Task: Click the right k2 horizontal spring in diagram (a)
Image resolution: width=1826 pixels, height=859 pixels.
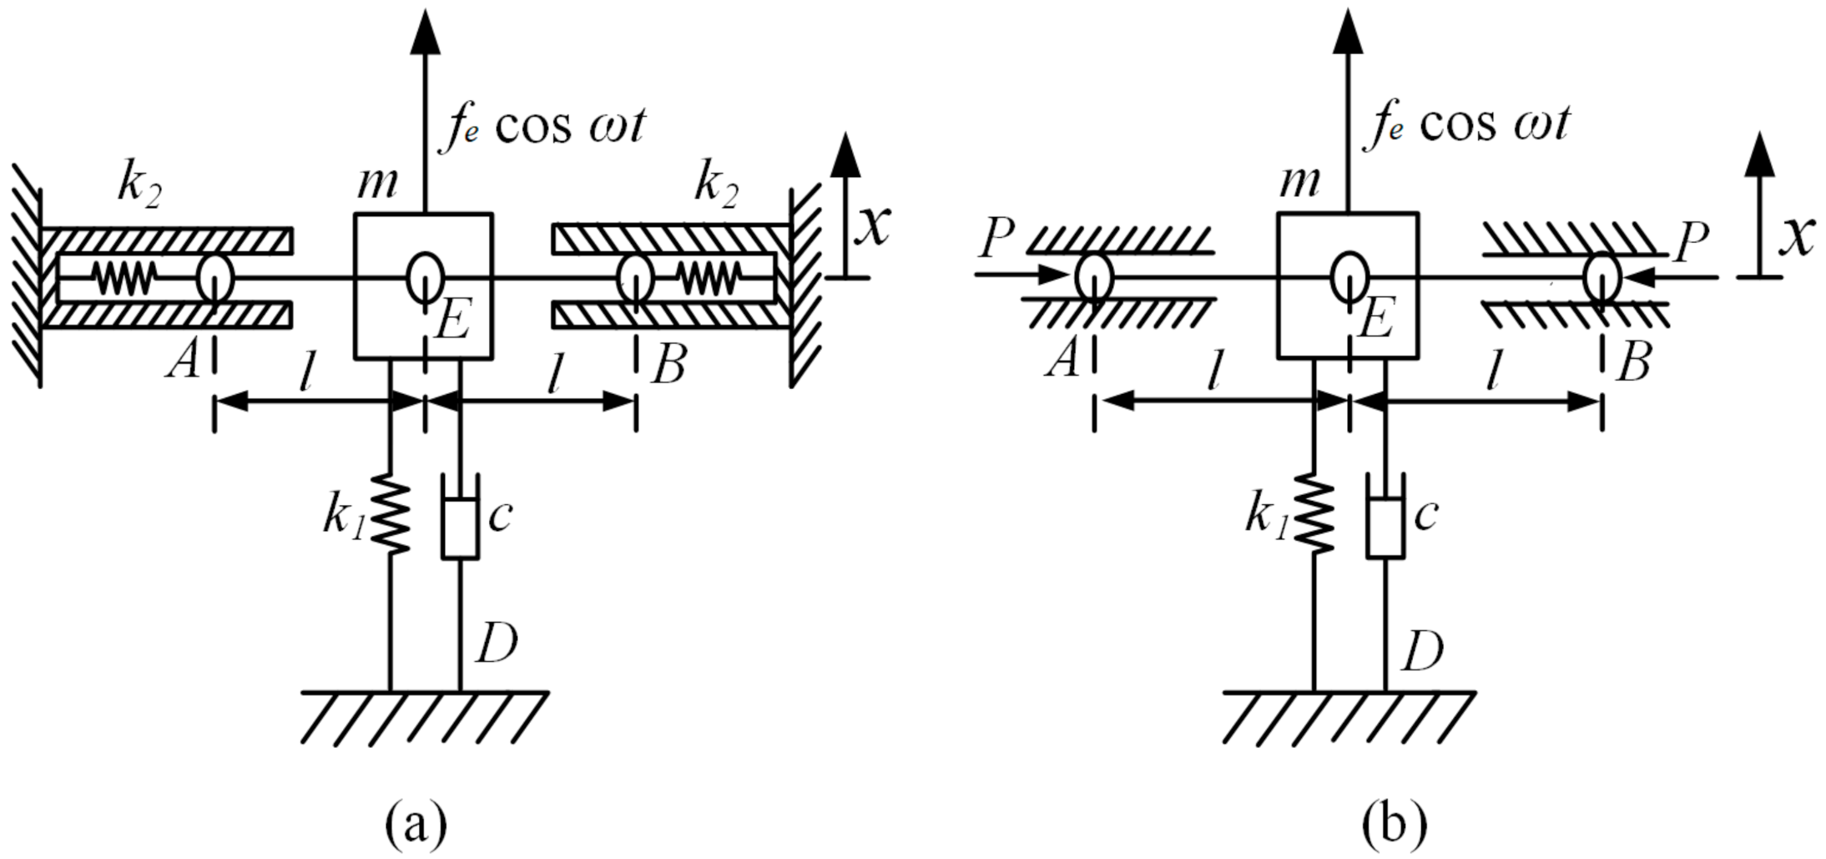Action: point(709,278)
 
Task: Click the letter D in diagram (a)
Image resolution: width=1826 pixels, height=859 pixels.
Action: point(497,644)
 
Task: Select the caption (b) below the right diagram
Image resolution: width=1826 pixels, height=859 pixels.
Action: point(1394,824)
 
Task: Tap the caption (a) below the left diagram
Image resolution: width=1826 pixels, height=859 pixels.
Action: point(416,824)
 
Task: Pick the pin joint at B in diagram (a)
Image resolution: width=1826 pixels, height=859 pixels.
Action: point(635,278)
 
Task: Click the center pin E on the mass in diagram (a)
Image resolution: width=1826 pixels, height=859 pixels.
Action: point(425,277)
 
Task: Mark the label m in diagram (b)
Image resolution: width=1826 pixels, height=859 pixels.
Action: point(1299,181)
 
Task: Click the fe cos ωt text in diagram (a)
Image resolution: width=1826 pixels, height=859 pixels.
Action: point(542,127)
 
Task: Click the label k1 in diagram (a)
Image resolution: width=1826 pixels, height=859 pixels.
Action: point(343,518)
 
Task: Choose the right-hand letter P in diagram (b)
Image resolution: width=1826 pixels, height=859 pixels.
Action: point(1691,243)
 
